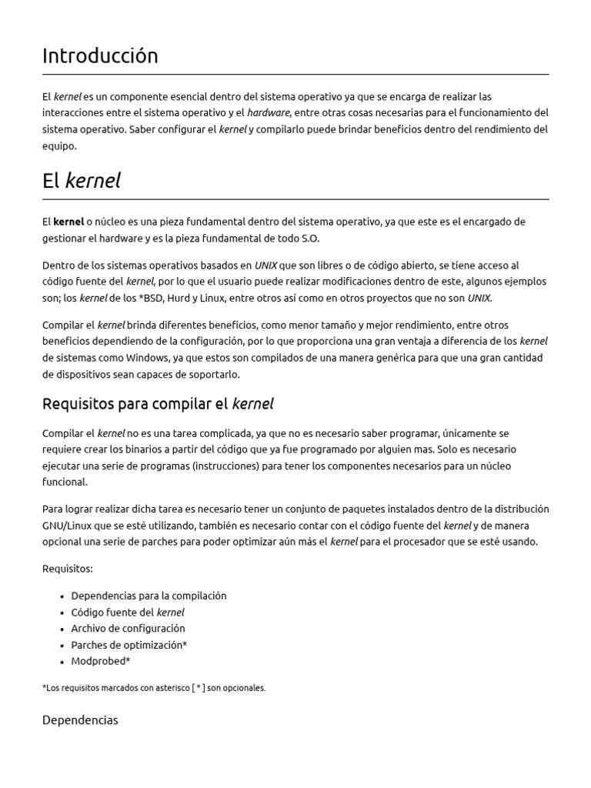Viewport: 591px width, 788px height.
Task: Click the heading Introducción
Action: [x=100, y=56]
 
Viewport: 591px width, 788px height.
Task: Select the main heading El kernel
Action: [x=82, y=181]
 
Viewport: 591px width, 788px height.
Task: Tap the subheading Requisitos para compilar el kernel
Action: [x=158, y=404]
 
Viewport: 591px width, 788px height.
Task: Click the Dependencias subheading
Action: [x=80, y=720]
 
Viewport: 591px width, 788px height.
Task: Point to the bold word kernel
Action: [x=68, y=222]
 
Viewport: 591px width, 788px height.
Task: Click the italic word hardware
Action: [x=268, y=113]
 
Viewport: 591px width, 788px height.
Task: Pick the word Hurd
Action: [x=178, y=298]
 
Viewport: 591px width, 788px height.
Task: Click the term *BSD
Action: [x=141, y=298]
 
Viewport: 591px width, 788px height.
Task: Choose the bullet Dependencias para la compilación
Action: [x=149, y=596]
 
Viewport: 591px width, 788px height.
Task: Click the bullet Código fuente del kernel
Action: [x=128, y=613]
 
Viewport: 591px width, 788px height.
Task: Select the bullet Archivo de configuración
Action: [x=128, y=629]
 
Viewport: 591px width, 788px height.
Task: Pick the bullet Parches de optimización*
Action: [x=129, y=645]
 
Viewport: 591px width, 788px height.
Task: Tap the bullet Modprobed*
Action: [x=101, y=661]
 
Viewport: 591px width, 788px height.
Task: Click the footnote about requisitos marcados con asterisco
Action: [x=154, y=688]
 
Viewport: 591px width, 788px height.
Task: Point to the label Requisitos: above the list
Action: [x=68, y=569]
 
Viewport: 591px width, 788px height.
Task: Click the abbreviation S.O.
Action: [x=306, y=238]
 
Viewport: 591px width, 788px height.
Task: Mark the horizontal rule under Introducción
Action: [x=295, y=75]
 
